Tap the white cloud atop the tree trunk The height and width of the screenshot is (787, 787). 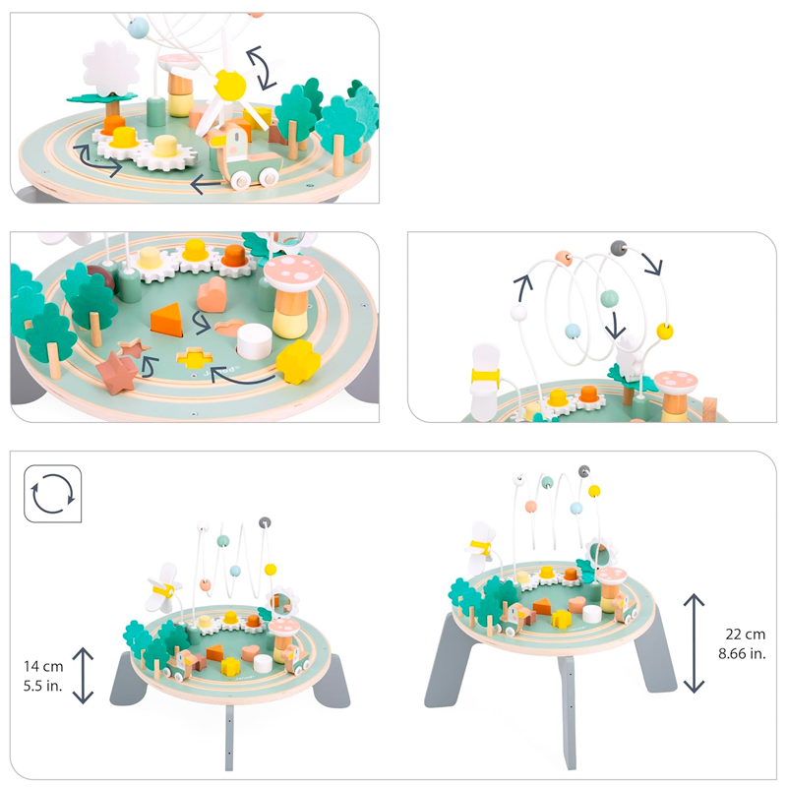[110, 66]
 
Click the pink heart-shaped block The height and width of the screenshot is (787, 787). [213, 293]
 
